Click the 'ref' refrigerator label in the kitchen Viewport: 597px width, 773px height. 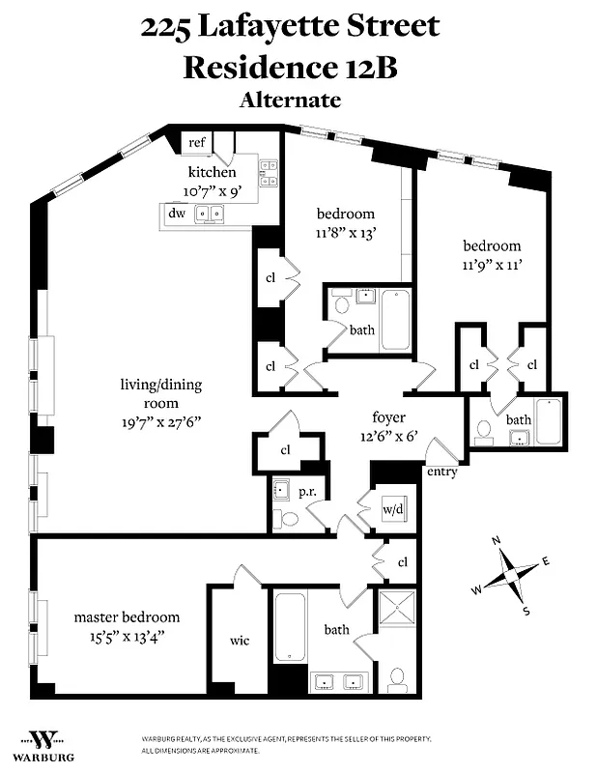coord(197,143)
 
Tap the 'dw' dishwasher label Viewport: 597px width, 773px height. coord(177,214)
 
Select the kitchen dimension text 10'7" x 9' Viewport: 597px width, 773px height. coord(211,190)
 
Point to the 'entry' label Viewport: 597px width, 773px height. coord(441,472)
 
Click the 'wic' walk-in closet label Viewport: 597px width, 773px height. coord(240,640)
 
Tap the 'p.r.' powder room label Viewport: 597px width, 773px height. coord(308,491)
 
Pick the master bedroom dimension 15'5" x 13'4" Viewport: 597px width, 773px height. coord(127,635)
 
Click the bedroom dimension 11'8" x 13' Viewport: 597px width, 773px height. coord(345,232)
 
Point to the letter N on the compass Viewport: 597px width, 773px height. coord(497,541)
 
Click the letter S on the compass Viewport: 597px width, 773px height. coord(526,611)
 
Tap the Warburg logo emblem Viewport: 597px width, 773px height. coord(43,739)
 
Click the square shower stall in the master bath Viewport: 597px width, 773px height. coord(395,608)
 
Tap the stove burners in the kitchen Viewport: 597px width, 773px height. coord(268,173)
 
